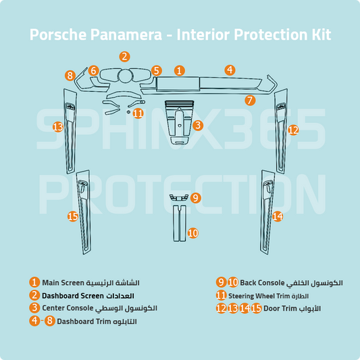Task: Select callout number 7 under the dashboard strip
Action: (x=250, y=101)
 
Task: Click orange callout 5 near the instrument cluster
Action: (x=156, y=70)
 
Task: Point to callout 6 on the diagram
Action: (x=93, y=70)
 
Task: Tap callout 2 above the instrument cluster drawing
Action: (x=124, y=57)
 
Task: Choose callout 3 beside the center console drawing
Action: (x=197, y=125)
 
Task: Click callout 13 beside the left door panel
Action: (x=58, y=127)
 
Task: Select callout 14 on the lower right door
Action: (x=277, y=216)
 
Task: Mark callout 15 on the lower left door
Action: (x=73, y=216)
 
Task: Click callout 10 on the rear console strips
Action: (x=192, y=233)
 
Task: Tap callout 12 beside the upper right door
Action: (x=292, y=130)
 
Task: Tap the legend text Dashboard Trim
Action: (x=83, y=321)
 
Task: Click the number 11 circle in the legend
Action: (x=221, y=295)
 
